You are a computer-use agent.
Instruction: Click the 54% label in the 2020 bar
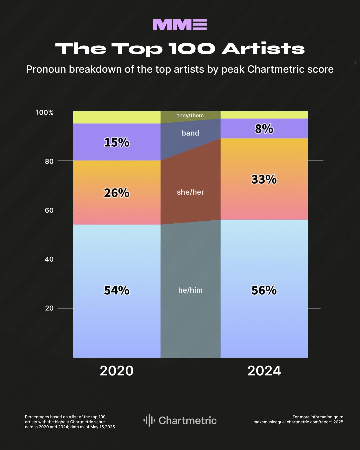coord(117,290)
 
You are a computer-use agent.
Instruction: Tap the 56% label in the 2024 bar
coord(264,290)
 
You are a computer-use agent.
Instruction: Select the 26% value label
coord(117,193)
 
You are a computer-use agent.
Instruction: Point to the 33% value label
coord(264,180)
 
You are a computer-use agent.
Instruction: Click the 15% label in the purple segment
coord(117,142)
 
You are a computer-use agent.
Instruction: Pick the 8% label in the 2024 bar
coord(264,129)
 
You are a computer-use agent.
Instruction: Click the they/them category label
coord(190,116)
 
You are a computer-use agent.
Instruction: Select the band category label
coord(190,133)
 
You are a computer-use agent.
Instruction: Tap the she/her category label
coord(190,192)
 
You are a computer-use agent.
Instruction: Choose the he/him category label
coord(190,290)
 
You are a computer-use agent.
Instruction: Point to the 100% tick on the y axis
coord(45,112)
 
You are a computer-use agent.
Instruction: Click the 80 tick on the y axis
coord(49,161)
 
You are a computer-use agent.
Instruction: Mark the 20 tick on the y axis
coord(49,308)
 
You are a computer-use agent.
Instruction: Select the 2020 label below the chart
coord(117,371)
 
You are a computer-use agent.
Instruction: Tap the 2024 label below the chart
coord(264,371)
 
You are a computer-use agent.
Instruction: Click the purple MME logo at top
coord(180,25)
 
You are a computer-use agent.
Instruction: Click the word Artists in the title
coord(263,49)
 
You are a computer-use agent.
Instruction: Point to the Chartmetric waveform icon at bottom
coord(149,420)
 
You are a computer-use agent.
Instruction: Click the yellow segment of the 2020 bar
coord(117,117)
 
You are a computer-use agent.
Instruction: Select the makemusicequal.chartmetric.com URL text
coord(298,422)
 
